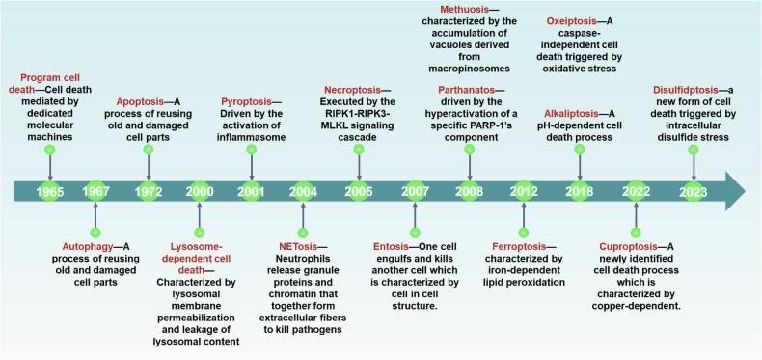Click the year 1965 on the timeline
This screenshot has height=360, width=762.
click(49, 192)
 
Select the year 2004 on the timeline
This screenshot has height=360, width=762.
click(303, 192)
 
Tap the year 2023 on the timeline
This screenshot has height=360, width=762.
click(692, 192)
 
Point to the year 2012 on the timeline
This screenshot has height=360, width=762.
click(524, 192)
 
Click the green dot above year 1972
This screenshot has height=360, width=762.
click(148, 151)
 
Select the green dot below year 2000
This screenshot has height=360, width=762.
click(200, 233)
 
